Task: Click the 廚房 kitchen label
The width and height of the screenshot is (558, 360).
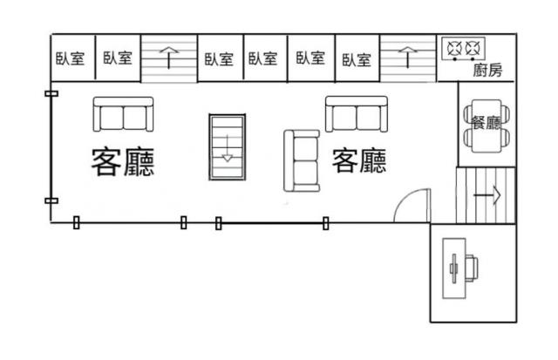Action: [x=487, y=70]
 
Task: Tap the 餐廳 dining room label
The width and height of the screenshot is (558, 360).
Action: [x=487, y=123]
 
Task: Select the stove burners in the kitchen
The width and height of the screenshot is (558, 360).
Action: [x=464, y=49]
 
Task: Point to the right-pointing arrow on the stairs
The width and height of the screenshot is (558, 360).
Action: [x=487, y=195]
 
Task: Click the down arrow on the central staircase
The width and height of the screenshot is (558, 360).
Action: [x=228, y=148]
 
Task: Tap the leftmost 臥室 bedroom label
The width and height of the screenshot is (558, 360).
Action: [x=70, y=58]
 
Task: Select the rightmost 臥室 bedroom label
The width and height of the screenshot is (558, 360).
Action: [x=357, y=60]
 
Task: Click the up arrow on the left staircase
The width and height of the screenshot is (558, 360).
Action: [x=168, y=58]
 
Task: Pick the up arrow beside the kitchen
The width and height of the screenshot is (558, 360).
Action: [x=408, y=57]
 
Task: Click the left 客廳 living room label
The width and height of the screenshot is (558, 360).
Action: [x=123, y=162]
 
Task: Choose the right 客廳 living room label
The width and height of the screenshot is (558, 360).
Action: [x=359, y=160]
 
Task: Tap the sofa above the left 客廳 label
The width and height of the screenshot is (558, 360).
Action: [x=123, y=114]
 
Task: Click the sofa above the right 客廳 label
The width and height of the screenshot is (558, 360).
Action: [x=357, y=114]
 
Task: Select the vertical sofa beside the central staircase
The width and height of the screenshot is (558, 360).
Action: [x=302, y=160]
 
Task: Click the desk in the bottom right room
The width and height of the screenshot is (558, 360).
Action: [x=454, y=268]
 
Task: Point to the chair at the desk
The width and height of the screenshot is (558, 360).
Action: [x=472, y=268]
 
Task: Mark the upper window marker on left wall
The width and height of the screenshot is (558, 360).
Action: [x=51, y=93]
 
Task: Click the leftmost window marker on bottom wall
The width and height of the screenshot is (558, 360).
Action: [x=76, y=222]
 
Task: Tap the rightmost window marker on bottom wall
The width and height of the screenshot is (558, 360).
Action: [x=325, y=223]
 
